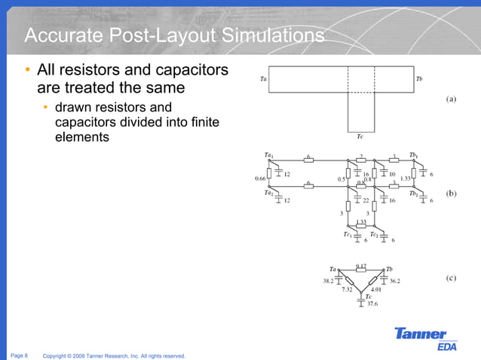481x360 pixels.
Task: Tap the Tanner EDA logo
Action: pyautogui.click(x=421, y=338)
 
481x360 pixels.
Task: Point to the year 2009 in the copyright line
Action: pyautogui.click(x=79, y=355)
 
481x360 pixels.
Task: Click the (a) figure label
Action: pyautogui.click(x=451, y=99)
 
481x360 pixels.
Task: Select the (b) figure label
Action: pyautogui.click(x=451, y=193)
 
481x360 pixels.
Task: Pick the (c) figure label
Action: pyautogui.click(x=450, y=277)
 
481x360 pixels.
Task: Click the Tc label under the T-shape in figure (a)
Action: pyautogui.click(x=360, y=136)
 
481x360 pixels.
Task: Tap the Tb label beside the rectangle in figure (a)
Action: pyautogui.click(x=419, y=78)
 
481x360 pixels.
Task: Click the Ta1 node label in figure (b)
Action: pyautogui.click(x=268, y=155)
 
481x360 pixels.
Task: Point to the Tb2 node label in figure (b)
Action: pyautogui.click(x=413, y=194)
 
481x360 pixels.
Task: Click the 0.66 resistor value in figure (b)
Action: pyautogui.click(x=261, y=178)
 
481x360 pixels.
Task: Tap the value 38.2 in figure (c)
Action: pyautogui.click(x=328, y=281)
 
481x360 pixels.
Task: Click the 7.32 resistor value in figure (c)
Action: pyautogui.click(x=347, y=289)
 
